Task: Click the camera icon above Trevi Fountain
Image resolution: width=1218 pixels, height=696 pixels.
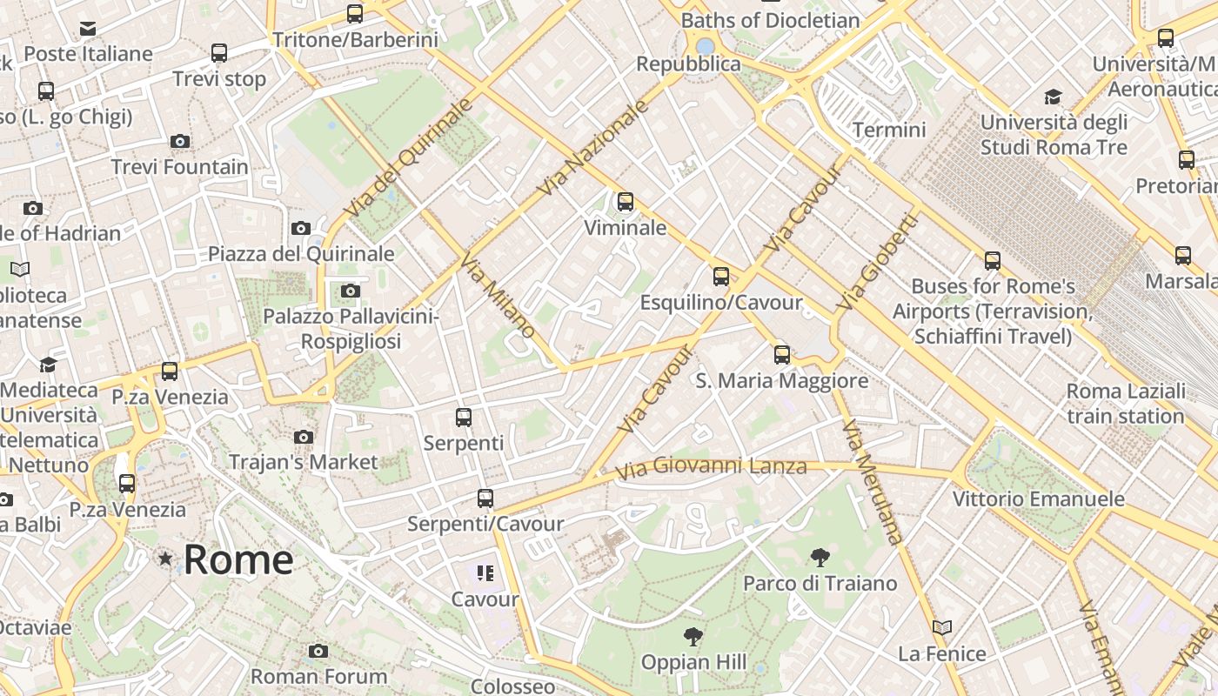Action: click(x=180, y=141)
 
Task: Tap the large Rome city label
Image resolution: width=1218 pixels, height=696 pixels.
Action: click(x=238, y=559)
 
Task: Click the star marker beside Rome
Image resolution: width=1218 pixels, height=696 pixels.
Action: click(x=165, y=559)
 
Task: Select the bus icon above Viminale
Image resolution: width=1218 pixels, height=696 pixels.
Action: click(x=625, y=203)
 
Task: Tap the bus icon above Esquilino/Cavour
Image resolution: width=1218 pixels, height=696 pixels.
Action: click(x=720, y=277)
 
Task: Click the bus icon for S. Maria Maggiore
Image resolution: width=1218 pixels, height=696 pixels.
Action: click(x=782, y=355)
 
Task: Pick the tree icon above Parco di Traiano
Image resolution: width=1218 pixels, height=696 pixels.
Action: click(x=820, y=558)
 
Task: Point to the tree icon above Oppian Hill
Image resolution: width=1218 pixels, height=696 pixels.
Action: click(x=693, y=637)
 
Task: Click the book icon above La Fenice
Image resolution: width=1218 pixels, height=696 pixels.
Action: click(x=941, y=627)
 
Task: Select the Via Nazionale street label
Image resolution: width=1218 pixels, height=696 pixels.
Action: click(x=593, y=147)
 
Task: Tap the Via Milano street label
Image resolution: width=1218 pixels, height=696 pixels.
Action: click(x=498, y=296)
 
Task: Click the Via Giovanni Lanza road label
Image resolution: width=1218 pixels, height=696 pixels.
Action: click(x=711, y=468)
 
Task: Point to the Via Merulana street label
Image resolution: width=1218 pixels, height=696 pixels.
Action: click(x=873, y=482)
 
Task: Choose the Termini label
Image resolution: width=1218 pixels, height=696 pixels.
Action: click(x=889, y=130)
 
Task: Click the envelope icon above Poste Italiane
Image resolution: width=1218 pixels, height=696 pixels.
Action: click(x=88, y=29)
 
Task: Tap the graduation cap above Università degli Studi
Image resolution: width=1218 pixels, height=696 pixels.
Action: click(x=1053, y=97)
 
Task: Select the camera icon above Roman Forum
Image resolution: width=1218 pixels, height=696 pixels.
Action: click(x=318, y=651)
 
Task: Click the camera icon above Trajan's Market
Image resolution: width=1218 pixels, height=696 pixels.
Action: click(x=303, y=437)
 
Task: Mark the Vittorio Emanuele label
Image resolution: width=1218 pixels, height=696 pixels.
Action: click(x=1038, y=499)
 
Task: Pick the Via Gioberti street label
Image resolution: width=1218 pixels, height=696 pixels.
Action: click(x=877, y=263)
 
